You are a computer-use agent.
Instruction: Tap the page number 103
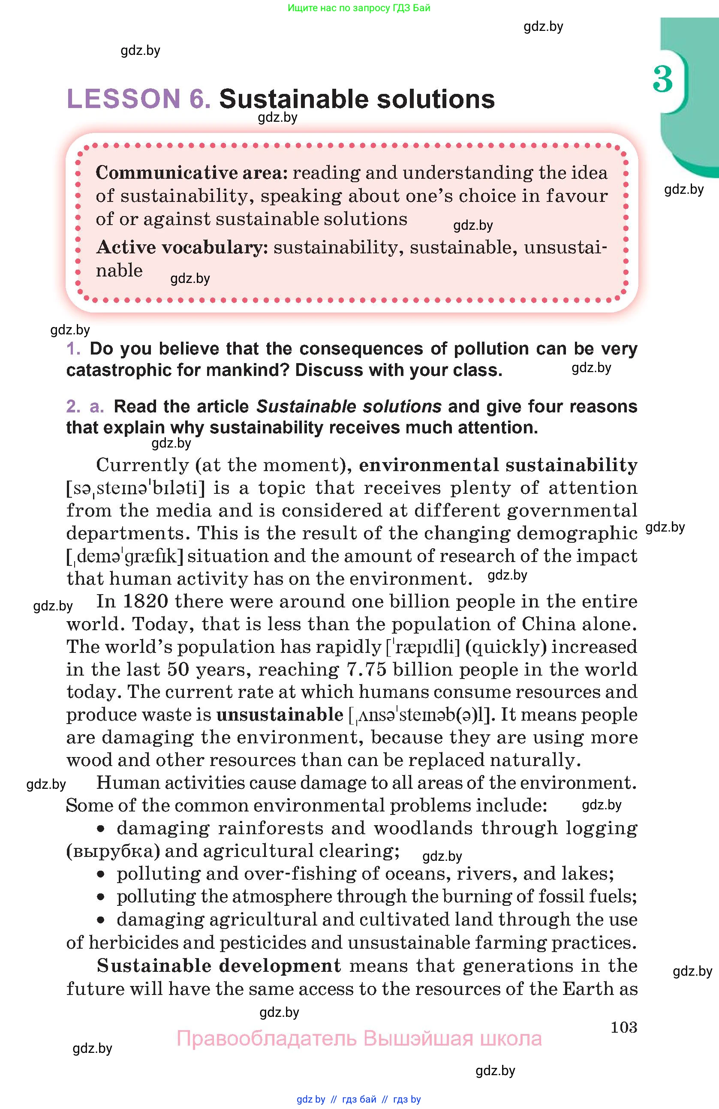point(623,1027)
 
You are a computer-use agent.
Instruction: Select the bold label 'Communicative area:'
point(192,173)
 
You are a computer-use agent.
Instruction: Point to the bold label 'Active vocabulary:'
point(182,247)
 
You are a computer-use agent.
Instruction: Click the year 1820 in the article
point(145,601)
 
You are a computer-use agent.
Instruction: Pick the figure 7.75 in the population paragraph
point(367,669)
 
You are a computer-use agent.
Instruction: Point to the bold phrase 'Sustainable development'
point(219,965)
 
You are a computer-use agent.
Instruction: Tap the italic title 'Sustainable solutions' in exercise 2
point(349,406)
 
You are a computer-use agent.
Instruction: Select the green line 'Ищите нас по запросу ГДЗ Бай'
point(359,8)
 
